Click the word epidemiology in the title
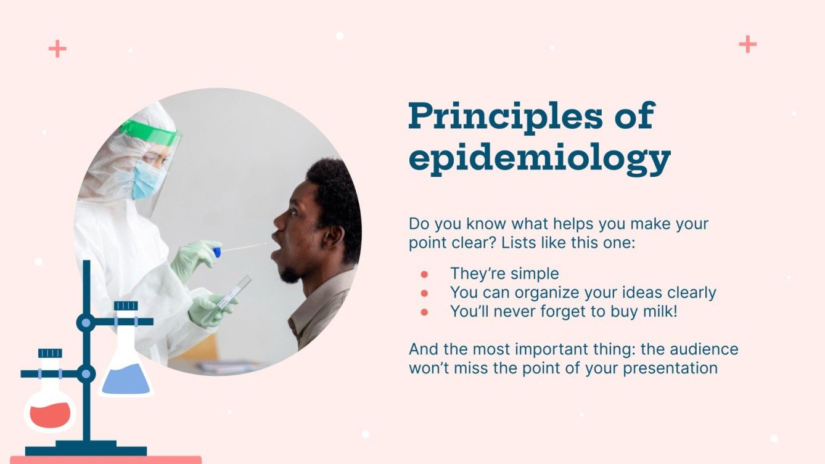point(539,159)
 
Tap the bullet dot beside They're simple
point(424,274)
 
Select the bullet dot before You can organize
point(424,293)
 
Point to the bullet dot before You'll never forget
point(424,312)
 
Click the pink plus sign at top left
point(57,49)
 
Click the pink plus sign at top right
point(747,44)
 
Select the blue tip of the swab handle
point(216,251)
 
